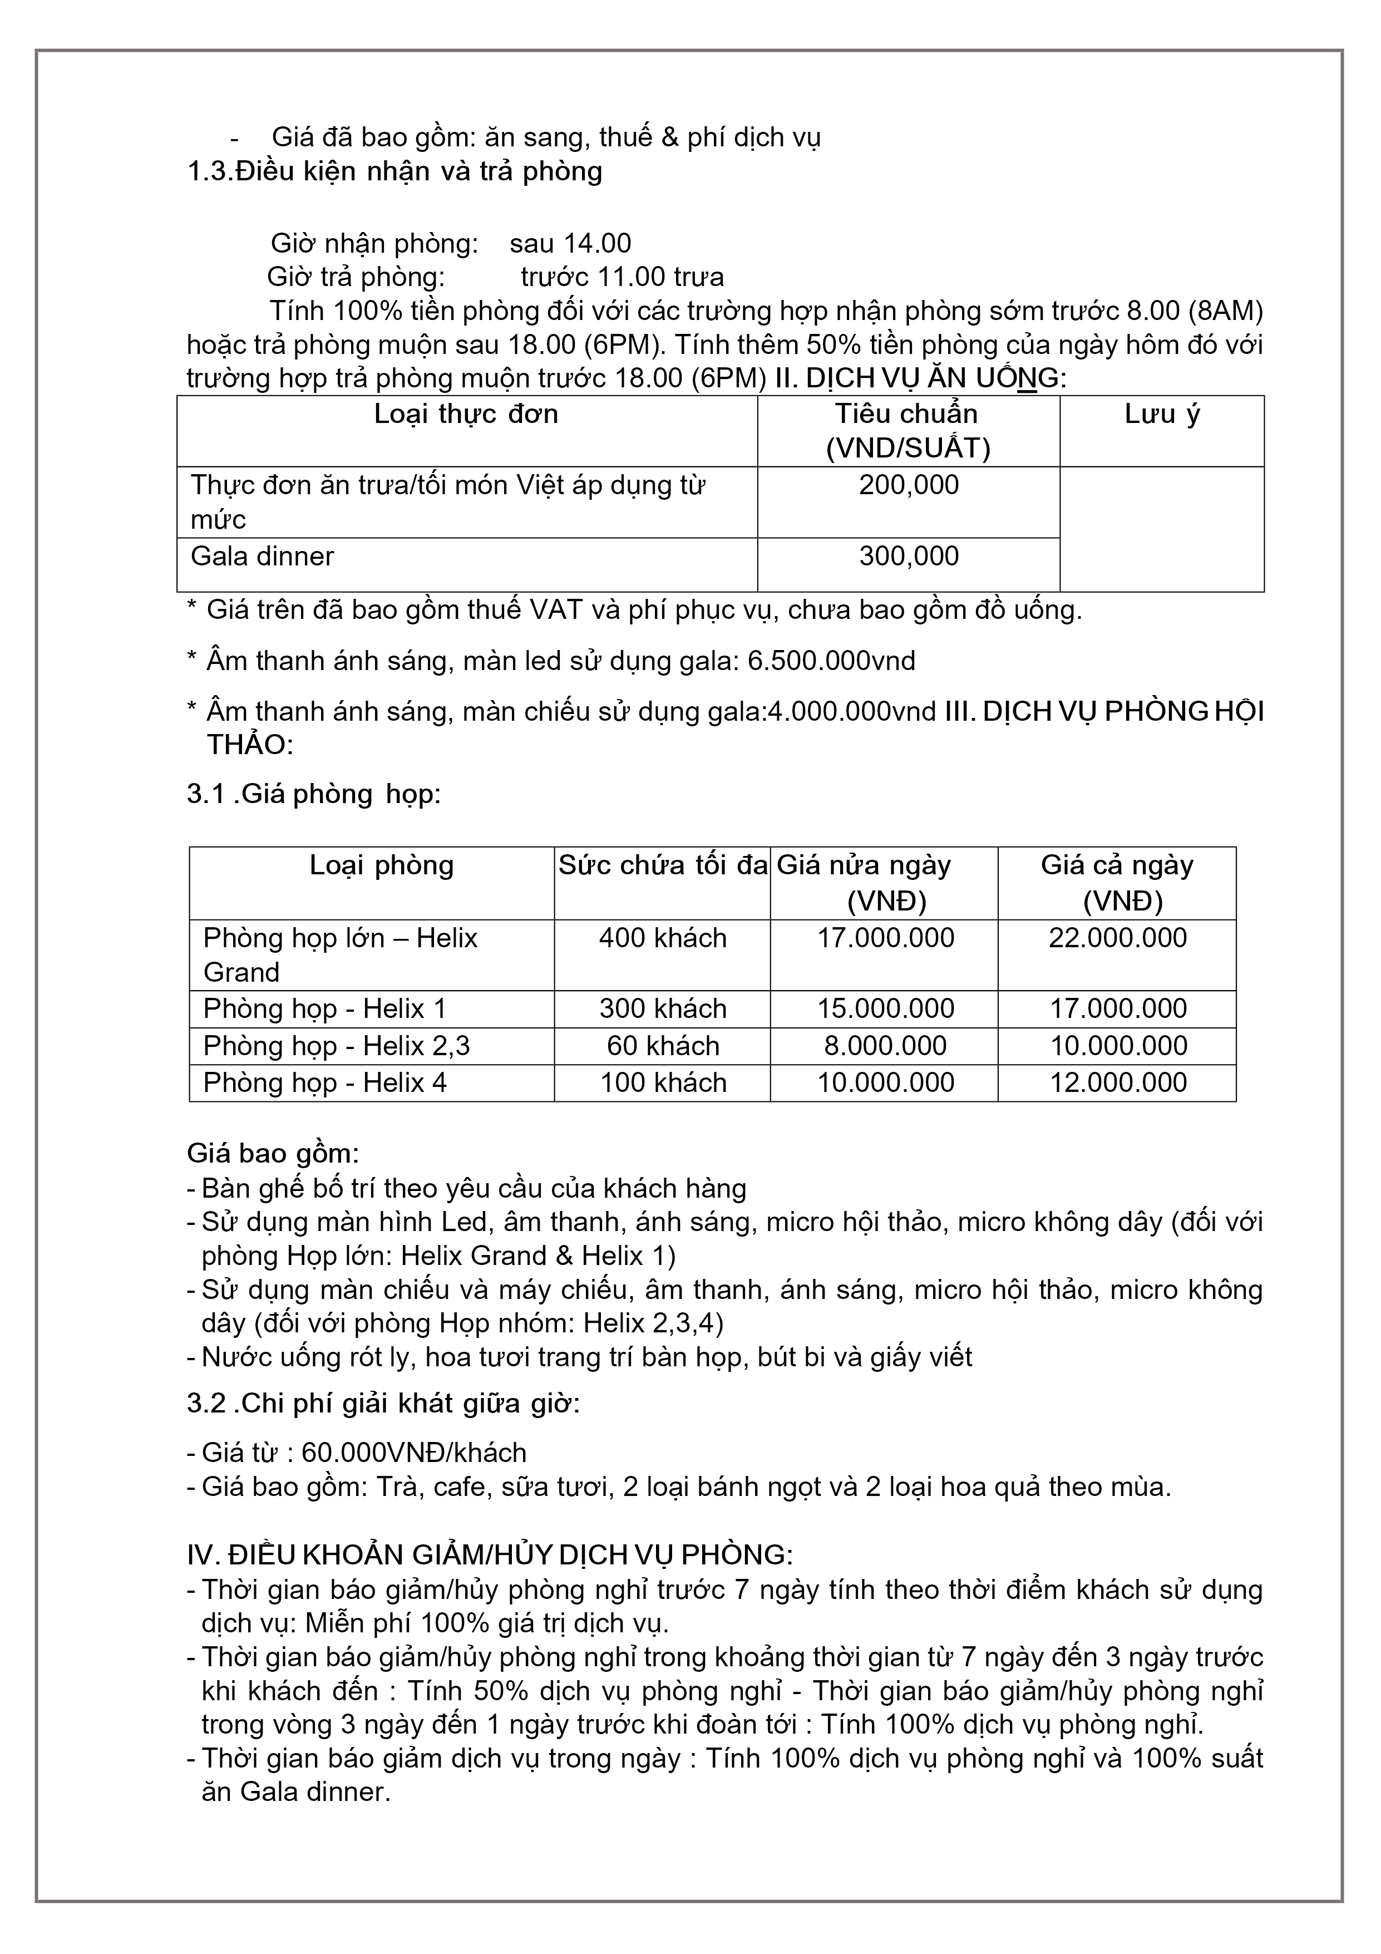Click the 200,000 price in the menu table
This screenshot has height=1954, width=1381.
tap(908, 485)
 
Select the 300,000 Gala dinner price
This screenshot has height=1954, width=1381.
tap(908, 557)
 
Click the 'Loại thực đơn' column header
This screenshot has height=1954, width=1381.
tap(466, 415)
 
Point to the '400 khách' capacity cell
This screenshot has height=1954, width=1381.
tap(663, 938)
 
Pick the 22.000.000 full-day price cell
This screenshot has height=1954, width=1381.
tap(1117, 938)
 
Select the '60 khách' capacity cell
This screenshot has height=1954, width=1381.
tap(663, 1045)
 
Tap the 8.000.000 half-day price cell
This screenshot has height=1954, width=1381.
tap(885, 1045)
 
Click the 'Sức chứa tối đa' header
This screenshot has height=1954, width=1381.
tap(663, 865)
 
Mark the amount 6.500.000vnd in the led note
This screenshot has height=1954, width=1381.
tap(831, 661)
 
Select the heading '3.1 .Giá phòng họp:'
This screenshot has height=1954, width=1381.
tap(314, 794)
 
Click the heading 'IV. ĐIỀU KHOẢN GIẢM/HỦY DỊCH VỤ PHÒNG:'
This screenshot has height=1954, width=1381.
tap(489, 1555)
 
